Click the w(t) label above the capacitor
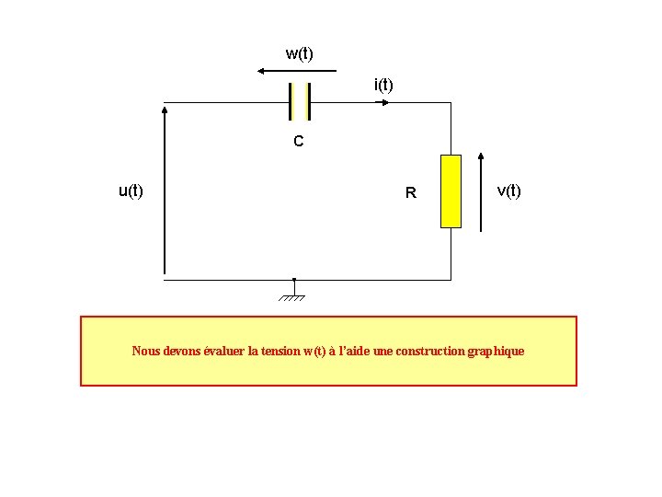tap(299, 53)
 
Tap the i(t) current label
tap(383, 85)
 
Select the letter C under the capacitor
tap(298, 142)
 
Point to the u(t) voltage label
tap(131, 191)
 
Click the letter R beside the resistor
tap(411, 193)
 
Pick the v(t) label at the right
tap(508, 191)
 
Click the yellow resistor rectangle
tap(451, 191)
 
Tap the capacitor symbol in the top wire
tap(299, 101)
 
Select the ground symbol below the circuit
tap(293, 296)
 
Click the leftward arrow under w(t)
tap(297, 71)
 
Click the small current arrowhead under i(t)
tap(384, 101)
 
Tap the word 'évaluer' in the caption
tap(223, 351)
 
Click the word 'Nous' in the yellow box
tap(145, 351)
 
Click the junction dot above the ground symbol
tap(293, 279)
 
